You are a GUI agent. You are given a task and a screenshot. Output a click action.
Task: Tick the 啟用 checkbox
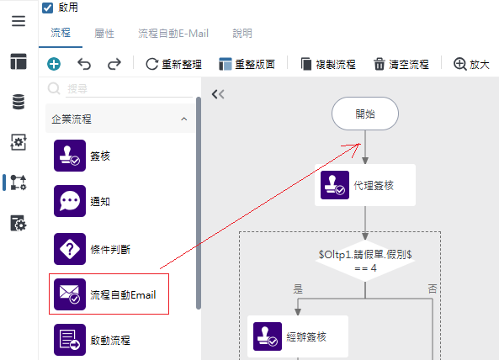48,8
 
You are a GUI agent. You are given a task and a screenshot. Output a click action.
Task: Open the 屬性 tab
104,33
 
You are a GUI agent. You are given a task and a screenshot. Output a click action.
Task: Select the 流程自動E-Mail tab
173,33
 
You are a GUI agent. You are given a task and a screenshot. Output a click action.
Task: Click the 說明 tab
242,33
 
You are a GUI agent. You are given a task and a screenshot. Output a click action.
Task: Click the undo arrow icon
84,64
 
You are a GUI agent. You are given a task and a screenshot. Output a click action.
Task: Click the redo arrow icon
114,64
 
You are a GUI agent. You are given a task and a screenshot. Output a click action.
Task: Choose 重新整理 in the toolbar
173,64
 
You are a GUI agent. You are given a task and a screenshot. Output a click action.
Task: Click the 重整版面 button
247,64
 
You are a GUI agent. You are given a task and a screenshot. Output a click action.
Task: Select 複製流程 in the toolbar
328,64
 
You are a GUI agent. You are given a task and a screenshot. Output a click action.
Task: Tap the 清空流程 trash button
401,64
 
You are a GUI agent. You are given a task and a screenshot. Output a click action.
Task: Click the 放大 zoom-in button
471,64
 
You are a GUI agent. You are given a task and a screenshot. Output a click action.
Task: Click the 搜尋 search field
130,88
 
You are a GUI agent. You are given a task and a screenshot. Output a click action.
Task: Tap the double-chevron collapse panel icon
218,94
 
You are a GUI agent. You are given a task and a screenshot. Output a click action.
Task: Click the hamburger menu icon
19,21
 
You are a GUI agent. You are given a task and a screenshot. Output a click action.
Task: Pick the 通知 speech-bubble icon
70,201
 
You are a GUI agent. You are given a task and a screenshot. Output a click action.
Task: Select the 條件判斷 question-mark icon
70,249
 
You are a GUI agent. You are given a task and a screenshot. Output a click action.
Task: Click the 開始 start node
365,114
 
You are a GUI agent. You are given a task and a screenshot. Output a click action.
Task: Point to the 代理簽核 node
365,185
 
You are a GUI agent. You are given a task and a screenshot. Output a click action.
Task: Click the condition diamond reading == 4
365,261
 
